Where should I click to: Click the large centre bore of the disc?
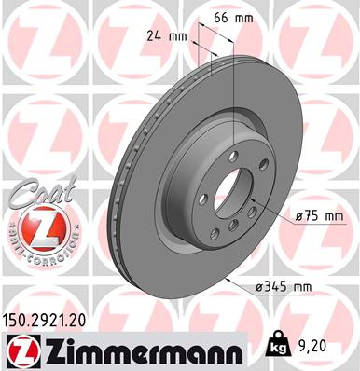click(x=226, y=198)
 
